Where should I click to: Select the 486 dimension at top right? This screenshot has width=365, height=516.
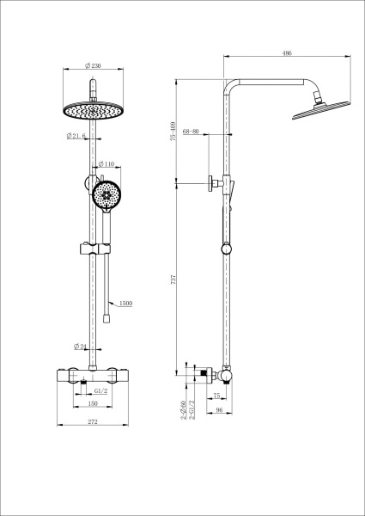[287, 53]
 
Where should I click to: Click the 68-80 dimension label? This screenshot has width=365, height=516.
[191, 132]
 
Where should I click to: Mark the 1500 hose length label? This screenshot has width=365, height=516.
[126, 303]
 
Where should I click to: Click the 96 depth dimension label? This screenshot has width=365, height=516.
[220, 409]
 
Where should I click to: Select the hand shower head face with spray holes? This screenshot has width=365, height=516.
[107, 194]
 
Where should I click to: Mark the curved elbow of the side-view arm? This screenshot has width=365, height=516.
[230, 87]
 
